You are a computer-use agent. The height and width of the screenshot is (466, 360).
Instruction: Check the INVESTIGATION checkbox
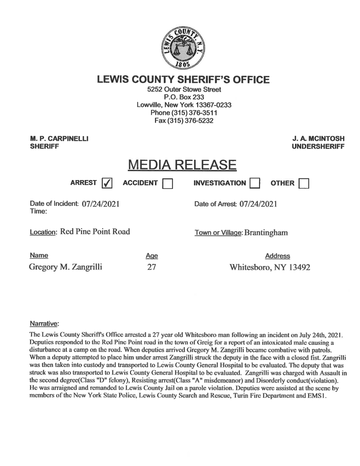point(256,183)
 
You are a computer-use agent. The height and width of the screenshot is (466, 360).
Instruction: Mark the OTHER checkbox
point(304,183)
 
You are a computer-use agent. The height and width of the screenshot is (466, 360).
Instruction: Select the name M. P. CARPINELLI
point(60,139)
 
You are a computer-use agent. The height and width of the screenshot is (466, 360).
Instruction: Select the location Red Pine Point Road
point(95,232)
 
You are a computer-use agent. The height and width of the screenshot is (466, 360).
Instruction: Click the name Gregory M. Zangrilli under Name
point(65,267)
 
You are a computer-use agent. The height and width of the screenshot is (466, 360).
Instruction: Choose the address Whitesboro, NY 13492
point(270,267)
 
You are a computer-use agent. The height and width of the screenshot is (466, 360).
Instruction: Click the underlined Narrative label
point(44,325)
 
